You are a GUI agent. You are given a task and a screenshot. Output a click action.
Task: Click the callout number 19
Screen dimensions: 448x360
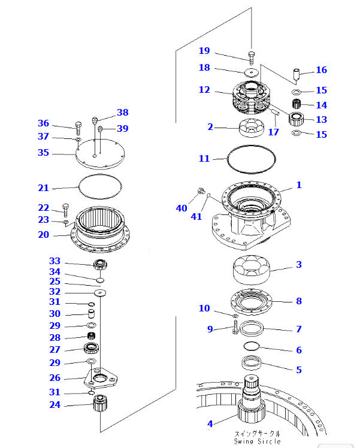(204, 50)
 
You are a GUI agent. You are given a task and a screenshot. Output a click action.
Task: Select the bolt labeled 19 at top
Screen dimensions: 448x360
(251, 57)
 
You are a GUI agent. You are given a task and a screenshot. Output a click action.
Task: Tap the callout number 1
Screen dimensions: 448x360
(298, 185)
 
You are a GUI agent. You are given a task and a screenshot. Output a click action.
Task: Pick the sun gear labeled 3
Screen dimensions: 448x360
(251, 270)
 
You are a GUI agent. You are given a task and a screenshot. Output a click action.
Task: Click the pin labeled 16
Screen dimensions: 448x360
(295, 76)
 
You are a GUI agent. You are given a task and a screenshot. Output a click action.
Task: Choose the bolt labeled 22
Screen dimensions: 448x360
(65, 210)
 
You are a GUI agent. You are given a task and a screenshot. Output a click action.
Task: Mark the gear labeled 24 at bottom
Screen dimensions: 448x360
(99, 411)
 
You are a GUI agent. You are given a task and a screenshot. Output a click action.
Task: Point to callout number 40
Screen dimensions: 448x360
(181, 208)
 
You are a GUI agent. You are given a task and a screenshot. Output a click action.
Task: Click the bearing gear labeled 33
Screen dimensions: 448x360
(100, 265)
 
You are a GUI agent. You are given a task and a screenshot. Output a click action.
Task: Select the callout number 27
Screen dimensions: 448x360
(55, 349)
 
